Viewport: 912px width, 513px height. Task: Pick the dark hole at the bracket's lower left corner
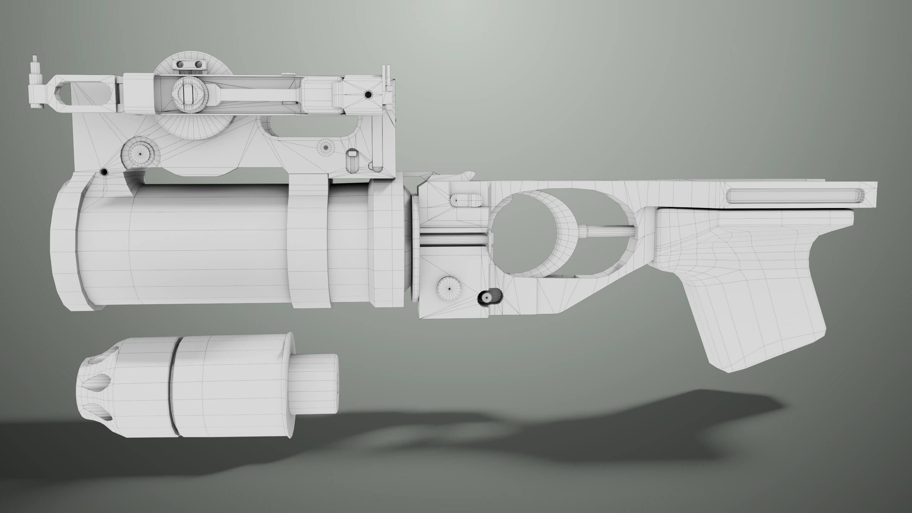(x=104, y=172)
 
